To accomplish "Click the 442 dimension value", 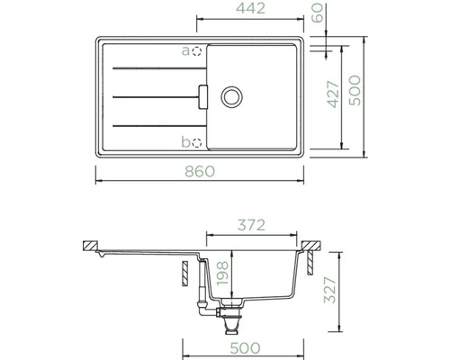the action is tap(250, 8).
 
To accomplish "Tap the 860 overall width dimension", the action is tap(200, 172).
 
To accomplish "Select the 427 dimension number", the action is tap(333, 94).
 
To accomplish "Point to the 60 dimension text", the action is tap(318, 13).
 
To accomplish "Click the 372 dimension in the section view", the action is tap(251, 225).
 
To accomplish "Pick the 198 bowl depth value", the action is tap(222, 274).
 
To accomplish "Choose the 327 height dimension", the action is tap(329, 290).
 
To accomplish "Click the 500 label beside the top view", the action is tap(355, 90).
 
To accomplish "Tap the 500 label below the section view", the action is tap(245, 348).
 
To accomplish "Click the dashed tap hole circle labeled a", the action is tap(197, 51).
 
